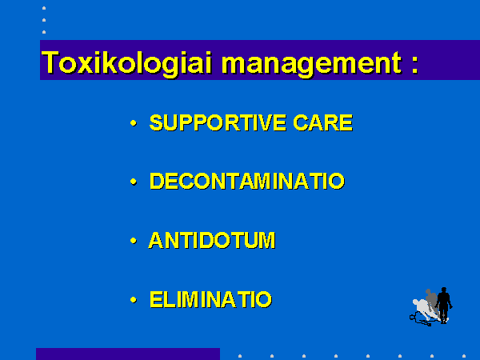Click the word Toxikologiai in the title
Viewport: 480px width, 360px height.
click(x=126, y=63)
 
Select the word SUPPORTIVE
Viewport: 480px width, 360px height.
click(x=218, y=122)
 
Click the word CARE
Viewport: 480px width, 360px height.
click(x=323, y=122)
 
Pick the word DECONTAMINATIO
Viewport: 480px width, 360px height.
click(x=247, y=181)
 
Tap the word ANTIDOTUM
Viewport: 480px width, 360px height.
click(x=212, y=240)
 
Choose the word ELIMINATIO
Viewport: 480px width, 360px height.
click(x=210, y=299)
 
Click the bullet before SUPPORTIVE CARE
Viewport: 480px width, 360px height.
click(x=134, y=123)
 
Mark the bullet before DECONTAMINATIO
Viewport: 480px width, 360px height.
click(x=134, y=182)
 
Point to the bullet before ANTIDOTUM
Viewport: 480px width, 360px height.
click(x=134, y=241)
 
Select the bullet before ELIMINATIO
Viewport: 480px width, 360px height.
click(x=134, y=299)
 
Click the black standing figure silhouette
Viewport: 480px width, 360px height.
click(x=443, y=306)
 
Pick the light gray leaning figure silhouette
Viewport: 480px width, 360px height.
click(x=424, y=309)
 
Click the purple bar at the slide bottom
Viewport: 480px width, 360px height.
click(x=128, y=354)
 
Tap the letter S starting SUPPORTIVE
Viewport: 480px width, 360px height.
click(x=156, y=122)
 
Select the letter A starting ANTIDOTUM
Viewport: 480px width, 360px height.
click(x=156, y=240)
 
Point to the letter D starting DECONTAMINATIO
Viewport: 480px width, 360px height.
click(x=157, y=181)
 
